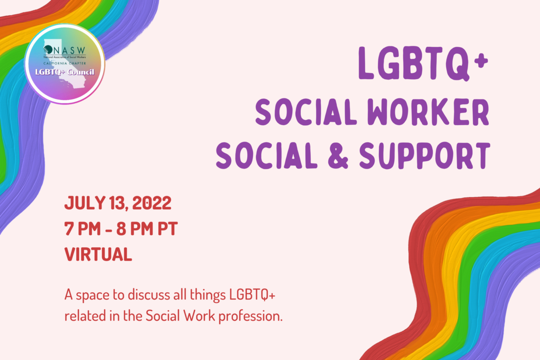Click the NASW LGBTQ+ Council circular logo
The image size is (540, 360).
point(64,63)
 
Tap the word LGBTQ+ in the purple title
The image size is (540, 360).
point(417,63)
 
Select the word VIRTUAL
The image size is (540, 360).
point(98,255)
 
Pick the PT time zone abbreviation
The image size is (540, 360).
point(168,230)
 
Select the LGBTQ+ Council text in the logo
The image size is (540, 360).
point(64,72)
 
